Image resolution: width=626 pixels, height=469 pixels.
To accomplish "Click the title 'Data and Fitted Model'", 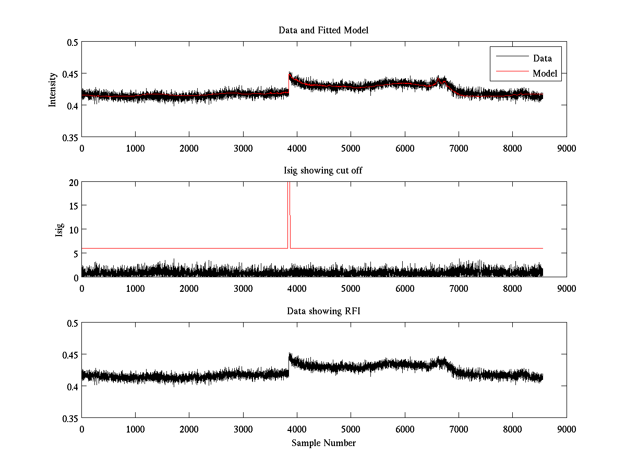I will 323,30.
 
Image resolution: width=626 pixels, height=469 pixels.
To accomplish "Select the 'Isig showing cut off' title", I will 323,171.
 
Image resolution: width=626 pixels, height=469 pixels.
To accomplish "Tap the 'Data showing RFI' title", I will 323,312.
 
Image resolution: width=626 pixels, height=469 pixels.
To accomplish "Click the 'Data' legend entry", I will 542,58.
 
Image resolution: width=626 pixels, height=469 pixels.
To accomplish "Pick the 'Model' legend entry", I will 545,73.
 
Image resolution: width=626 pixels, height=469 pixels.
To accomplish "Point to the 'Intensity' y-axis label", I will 52,90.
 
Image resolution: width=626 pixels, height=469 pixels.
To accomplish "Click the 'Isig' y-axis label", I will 59,230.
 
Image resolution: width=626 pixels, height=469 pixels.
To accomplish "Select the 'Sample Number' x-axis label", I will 323,443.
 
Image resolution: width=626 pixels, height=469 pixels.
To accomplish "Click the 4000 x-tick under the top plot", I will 297,148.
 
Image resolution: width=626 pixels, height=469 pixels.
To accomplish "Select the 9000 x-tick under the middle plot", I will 567,288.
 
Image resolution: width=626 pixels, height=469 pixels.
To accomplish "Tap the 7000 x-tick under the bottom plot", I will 459,429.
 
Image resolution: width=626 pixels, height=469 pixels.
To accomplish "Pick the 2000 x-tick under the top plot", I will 189,148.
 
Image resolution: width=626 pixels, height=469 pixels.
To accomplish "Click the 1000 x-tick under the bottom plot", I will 135,429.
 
